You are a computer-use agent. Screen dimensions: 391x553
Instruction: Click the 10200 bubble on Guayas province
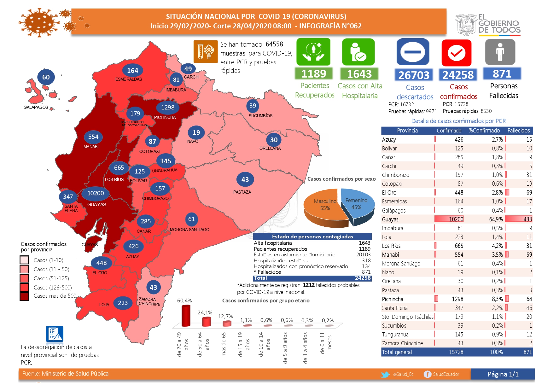96,193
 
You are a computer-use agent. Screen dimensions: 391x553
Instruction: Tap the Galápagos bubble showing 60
46,77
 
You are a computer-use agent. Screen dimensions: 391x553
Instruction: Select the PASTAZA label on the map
242,192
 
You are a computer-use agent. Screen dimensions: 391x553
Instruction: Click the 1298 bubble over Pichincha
168,108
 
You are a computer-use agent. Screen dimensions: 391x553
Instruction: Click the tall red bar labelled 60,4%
186,315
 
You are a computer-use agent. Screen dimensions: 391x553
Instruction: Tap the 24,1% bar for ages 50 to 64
206,322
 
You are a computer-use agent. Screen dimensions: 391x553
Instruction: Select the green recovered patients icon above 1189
313,52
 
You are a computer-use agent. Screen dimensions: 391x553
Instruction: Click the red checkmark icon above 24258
457,53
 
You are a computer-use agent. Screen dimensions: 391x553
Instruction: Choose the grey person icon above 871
500,52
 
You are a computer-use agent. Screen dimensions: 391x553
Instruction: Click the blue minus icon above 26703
413,52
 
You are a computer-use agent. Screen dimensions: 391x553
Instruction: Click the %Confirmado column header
484,131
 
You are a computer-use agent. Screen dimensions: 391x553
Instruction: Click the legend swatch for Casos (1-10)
24,260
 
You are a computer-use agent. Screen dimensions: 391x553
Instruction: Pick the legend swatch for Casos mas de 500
24,296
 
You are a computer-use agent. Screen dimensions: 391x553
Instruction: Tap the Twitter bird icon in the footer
385,374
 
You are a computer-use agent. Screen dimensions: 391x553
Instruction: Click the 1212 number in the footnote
309,285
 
